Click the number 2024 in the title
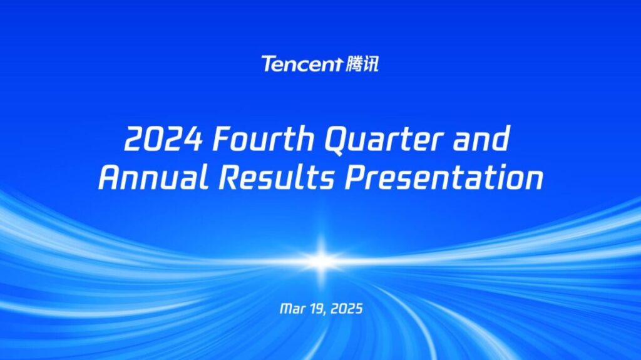[163, 139]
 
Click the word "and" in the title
[481, 139]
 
